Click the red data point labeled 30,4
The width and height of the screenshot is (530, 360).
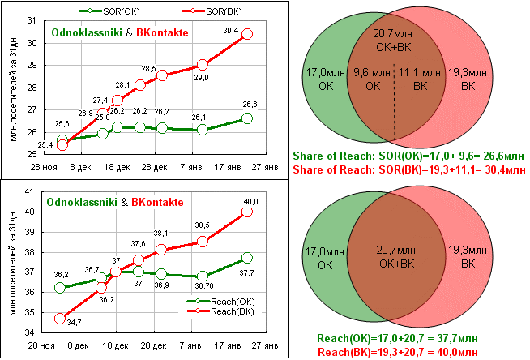tap(247, 34)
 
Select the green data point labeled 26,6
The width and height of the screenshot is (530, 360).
tap(247, 118)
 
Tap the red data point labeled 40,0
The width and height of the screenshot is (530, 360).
tap(247, 211)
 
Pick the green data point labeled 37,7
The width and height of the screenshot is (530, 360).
tap(247, 258)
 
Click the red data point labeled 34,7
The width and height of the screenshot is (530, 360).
tap(60, 319)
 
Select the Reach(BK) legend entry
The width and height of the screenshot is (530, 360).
tap(215, 312)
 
